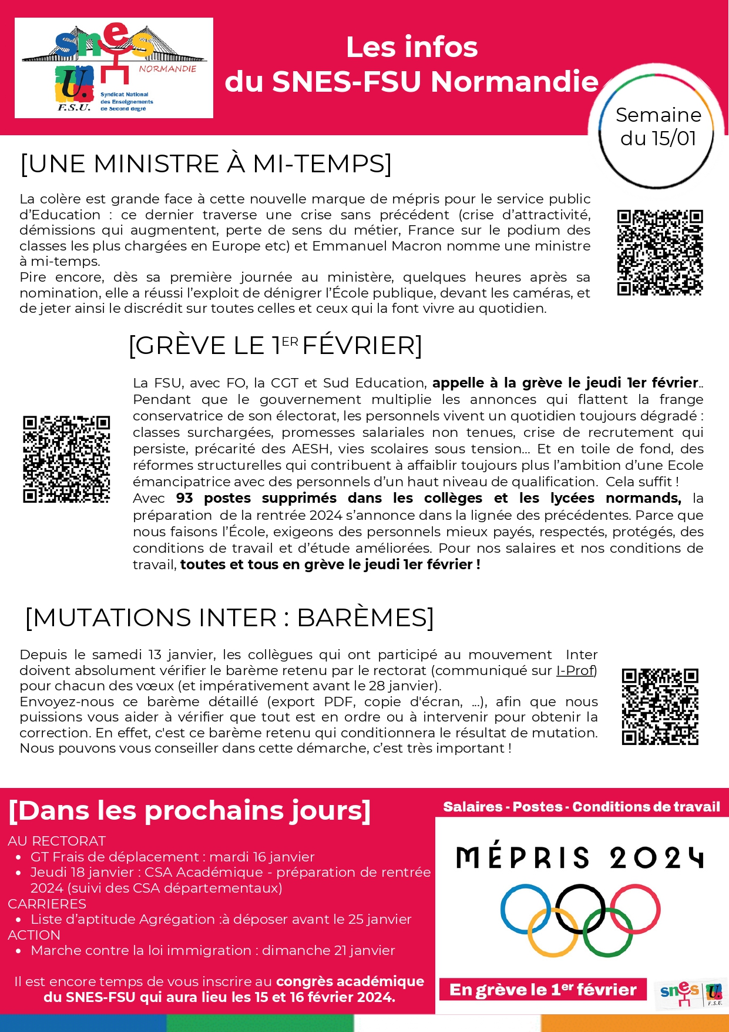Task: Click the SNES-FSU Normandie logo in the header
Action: [x=113, y=68]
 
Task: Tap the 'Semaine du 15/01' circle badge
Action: [x=657, y=126]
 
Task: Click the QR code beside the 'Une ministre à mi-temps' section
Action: [x=660, y=252]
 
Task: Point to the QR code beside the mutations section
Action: [x=660, y=706]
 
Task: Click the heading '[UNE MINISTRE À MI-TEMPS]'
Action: [x=206, y=163]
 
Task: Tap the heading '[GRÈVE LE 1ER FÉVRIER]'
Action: [x=275, y=346]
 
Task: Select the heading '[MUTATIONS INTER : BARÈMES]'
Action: [x=229, y=618]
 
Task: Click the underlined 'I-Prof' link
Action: [x=576, y=670]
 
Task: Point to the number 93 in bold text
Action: [x=184, y=498]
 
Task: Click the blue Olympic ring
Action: [x=525, y=909]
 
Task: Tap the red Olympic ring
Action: [x=635, y=909]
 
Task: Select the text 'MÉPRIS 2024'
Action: [x=579, y=858]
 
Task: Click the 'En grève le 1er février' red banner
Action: [x=543, y=990]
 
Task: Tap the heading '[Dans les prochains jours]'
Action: [x=190, y=810]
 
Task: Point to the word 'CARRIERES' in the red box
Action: [x=47, y=904]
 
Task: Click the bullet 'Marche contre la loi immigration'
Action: [x=213, y=950]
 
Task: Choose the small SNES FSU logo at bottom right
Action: [x=691, y=993]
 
